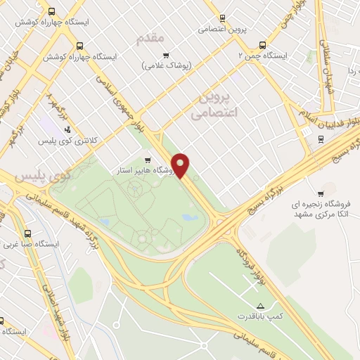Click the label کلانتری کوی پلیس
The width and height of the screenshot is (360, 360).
coord(67,141)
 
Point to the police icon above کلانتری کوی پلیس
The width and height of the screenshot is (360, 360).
coord(67,129)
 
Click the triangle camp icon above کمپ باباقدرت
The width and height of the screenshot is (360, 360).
coord(260,306)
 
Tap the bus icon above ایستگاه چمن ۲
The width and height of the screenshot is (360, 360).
coord(262,44)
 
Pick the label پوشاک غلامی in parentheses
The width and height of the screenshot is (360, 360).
coord(166,65)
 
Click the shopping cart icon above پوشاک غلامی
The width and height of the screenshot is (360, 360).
coord(166,55)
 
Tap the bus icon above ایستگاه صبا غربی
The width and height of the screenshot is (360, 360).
coord(27,234)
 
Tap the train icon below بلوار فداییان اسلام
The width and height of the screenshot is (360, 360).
coord(321,139)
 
